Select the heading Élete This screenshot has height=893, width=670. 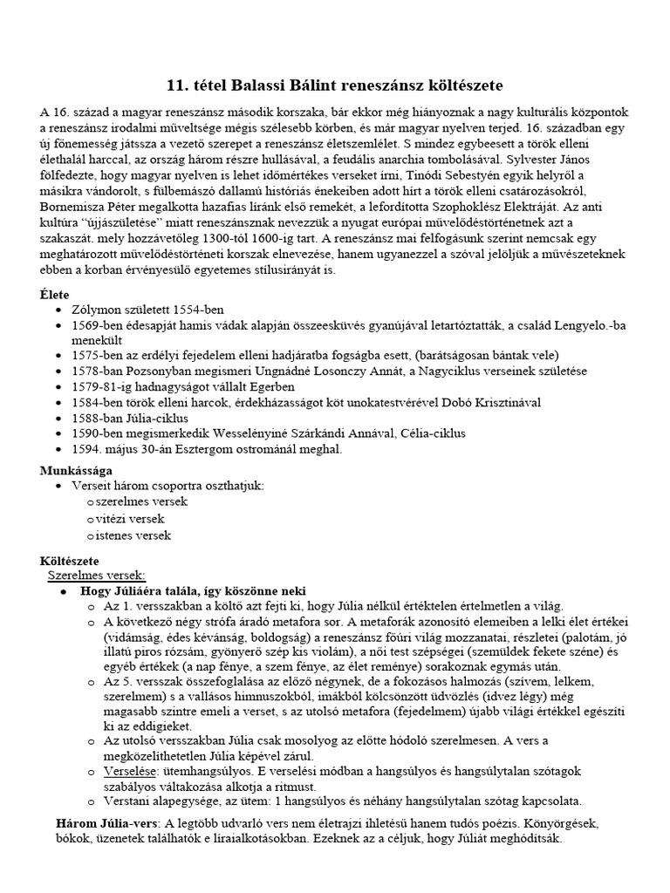55,294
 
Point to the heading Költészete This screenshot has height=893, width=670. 70,559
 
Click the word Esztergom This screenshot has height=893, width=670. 199,449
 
